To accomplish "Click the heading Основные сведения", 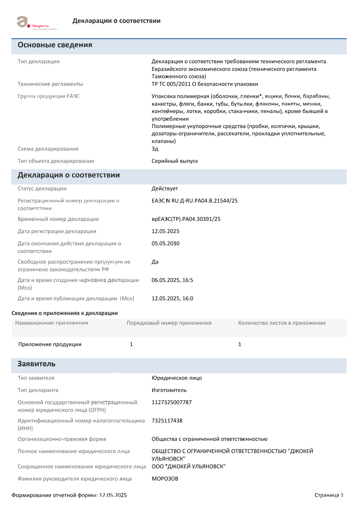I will pos(55,45).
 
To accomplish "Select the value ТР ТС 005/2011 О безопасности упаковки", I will pos(205,84).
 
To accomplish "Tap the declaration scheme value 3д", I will pos(155,149).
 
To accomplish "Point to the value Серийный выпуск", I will pos(175,161).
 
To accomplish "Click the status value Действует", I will pos(165,188).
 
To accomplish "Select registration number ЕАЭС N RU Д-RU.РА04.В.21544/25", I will pos(195,201).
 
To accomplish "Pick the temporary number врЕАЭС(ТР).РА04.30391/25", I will pos(186,219).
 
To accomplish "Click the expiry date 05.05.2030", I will pos(166,243).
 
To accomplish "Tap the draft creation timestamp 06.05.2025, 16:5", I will pos(172,280).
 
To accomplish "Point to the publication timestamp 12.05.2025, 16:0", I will pos(172,298).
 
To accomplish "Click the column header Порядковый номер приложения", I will pos(169,323).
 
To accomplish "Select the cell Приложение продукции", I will pos(50,344).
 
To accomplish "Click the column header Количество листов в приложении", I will pos(282,323).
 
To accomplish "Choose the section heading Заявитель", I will pos(37,364).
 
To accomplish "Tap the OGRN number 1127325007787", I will pos(172,402).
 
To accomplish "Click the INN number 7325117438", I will pos(167,421).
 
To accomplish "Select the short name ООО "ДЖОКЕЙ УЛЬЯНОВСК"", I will pos(188,466).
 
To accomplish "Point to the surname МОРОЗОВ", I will pos(165,479).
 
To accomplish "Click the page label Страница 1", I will pos(329,495).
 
